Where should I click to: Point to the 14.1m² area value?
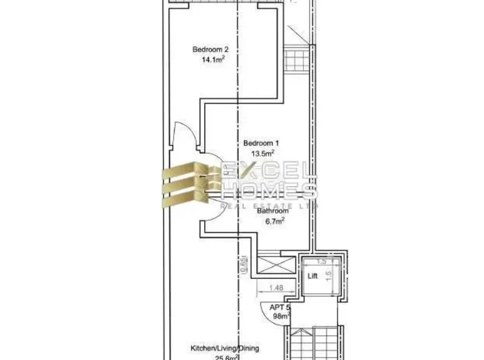click(212, 60)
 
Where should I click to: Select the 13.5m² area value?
click(262, 153)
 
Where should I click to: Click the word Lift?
click(313, 277)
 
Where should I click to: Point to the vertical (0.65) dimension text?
click(244, 264)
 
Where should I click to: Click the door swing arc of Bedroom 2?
click(185, 134)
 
